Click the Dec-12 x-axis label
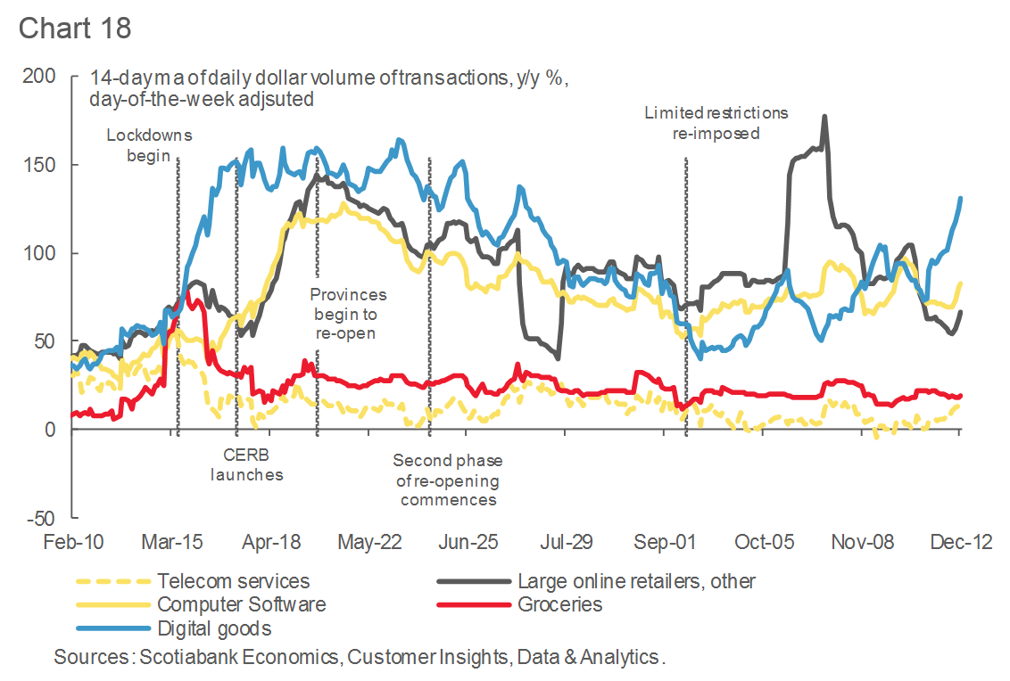pos(959,543)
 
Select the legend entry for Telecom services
pos(234,581)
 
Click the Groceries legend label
pos(559,604)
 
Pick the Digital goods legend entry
pos(214,628)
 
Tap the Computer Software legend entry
pos(241,604)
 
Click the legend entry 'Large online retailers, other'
pos(636,581)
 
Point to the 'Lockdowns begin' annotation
pos(149,145)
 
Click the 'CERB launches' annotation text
pos(247,464)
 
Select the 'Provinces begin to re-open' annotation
pos(348,313)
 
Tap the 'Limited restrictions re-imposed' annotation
pos(716,123)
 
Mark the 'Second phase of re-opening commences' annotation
pos(448,480)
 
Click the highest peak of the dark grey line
pos(824,116)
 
